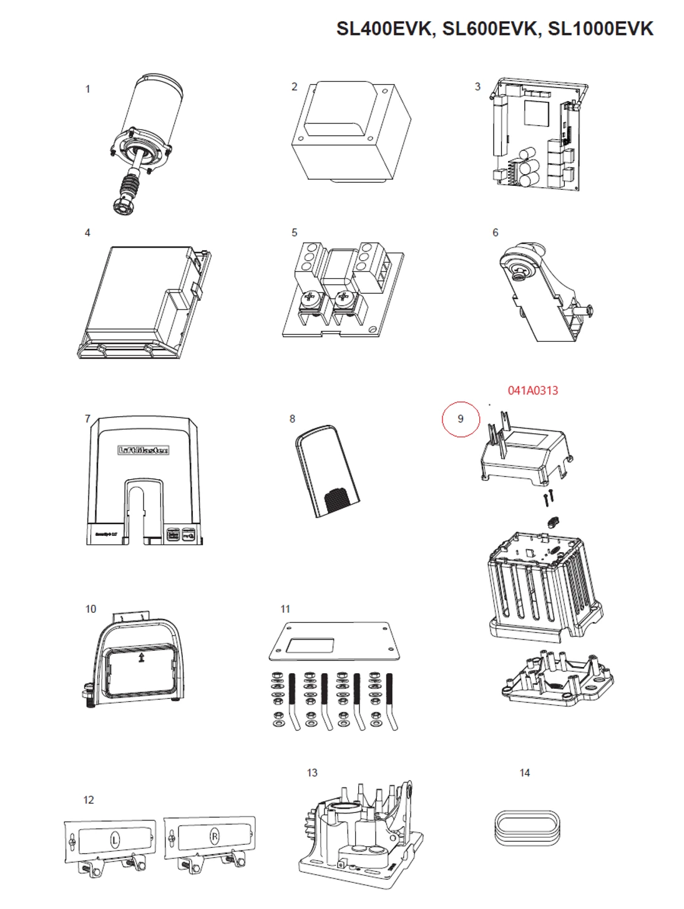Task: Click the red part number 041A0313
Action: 532,391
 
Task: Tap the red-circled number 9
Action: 461,419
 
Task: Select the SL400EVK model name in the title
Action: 386,29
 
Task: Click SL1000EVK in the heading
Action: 600,29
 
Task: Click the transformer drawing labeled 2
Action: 351,133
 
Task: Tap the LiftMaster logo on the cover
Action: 143,450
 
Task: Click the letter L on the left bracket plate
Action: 115,840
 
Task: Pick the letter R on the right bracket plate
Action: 214,837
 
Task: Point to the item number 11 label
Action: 285,609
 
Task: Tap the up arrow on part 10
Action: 142,658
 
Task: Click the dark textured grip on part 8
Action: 339,500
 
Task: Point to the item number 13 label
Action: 312,773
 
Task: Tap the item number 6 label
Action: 495,233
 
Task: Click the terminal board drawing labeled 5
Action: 342,288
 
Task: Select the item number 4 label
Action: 87,233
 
